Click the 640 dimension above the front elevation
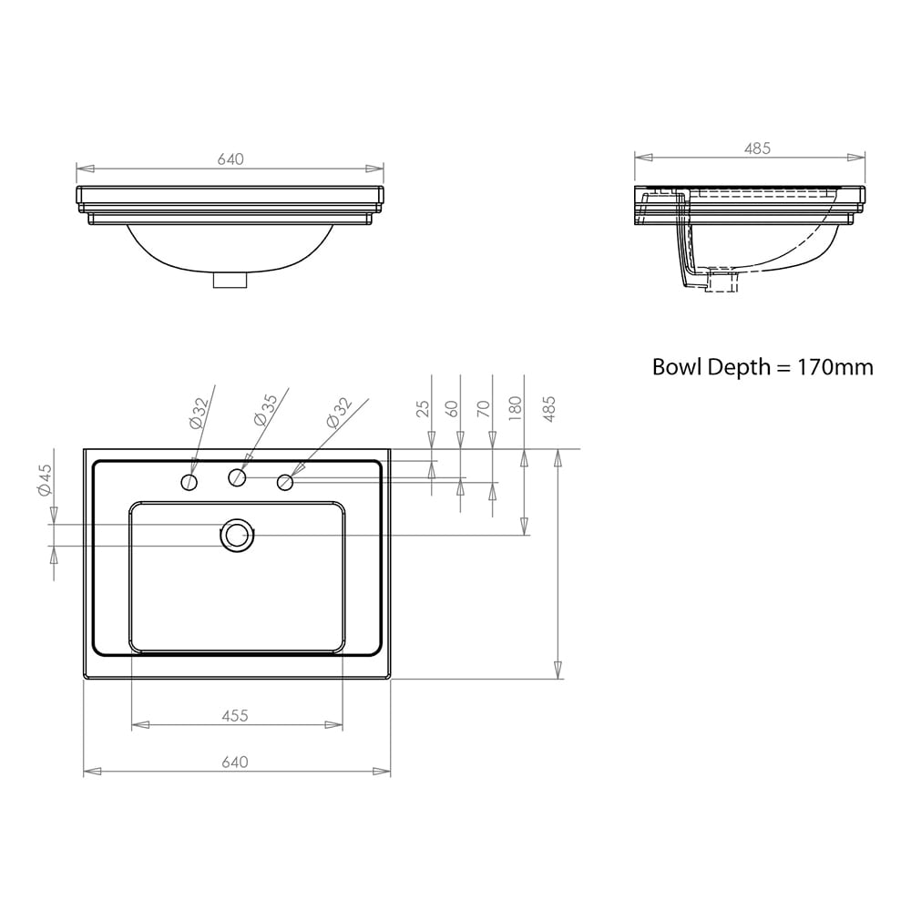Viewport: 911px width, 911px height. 230,159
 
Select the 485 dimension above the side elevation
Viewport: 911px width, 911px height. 757,148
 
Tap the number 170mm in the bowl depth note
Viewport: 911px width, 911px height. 835,367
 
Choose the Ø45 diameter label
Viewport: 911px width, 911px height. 45,479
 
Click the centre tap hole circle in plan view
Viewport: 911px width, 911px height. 237,476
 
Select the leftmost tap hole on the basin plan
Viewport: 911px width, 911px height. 189,481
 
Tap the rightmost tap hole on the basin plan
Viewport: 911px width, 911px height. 285,481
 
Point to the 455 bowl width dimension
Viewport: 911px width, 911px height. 235,716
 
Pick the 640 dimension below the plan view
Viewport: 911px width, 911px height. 235,763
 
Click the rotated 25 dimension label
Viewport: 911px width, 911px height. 423,408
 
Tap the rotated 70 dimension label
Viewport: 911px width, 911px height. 485,408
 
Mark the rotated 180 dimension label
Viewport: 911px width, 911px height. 516,406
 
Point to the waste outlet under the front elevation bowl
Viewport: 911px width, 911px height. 230,281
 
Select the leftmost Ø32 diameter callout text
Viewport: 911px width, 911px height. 199,412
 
